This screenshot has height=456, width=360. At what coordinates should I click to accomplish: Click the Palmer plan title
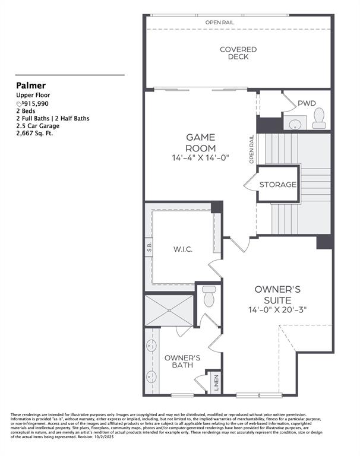pos(31,85)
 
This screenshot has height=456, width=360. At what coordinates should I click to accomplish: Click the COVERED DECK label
pos(238,53)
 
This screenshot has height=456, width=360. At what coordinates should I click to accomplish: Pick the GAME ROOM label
pos(200,142)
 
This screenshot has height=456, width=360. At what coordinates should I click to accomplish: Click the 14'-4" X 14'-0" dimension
pos(200,158)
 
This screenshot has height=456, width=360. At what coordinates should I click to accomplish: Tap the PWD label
pos(307,103)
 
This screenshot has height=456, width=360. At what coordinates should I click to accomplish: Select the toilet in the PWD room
pos(320,118)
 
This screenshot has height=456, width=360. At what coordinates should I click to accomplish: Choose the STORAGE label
pos(277,185)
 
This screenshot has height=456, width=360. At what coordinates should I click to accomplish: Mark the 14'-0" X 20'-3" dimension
pos(277,310)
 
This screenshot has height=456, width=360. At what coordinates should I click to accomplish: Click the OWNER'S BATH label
pos(182,362)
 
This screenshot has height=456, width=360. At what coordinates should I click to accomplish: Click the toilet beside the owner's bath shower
pos(208,296)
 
